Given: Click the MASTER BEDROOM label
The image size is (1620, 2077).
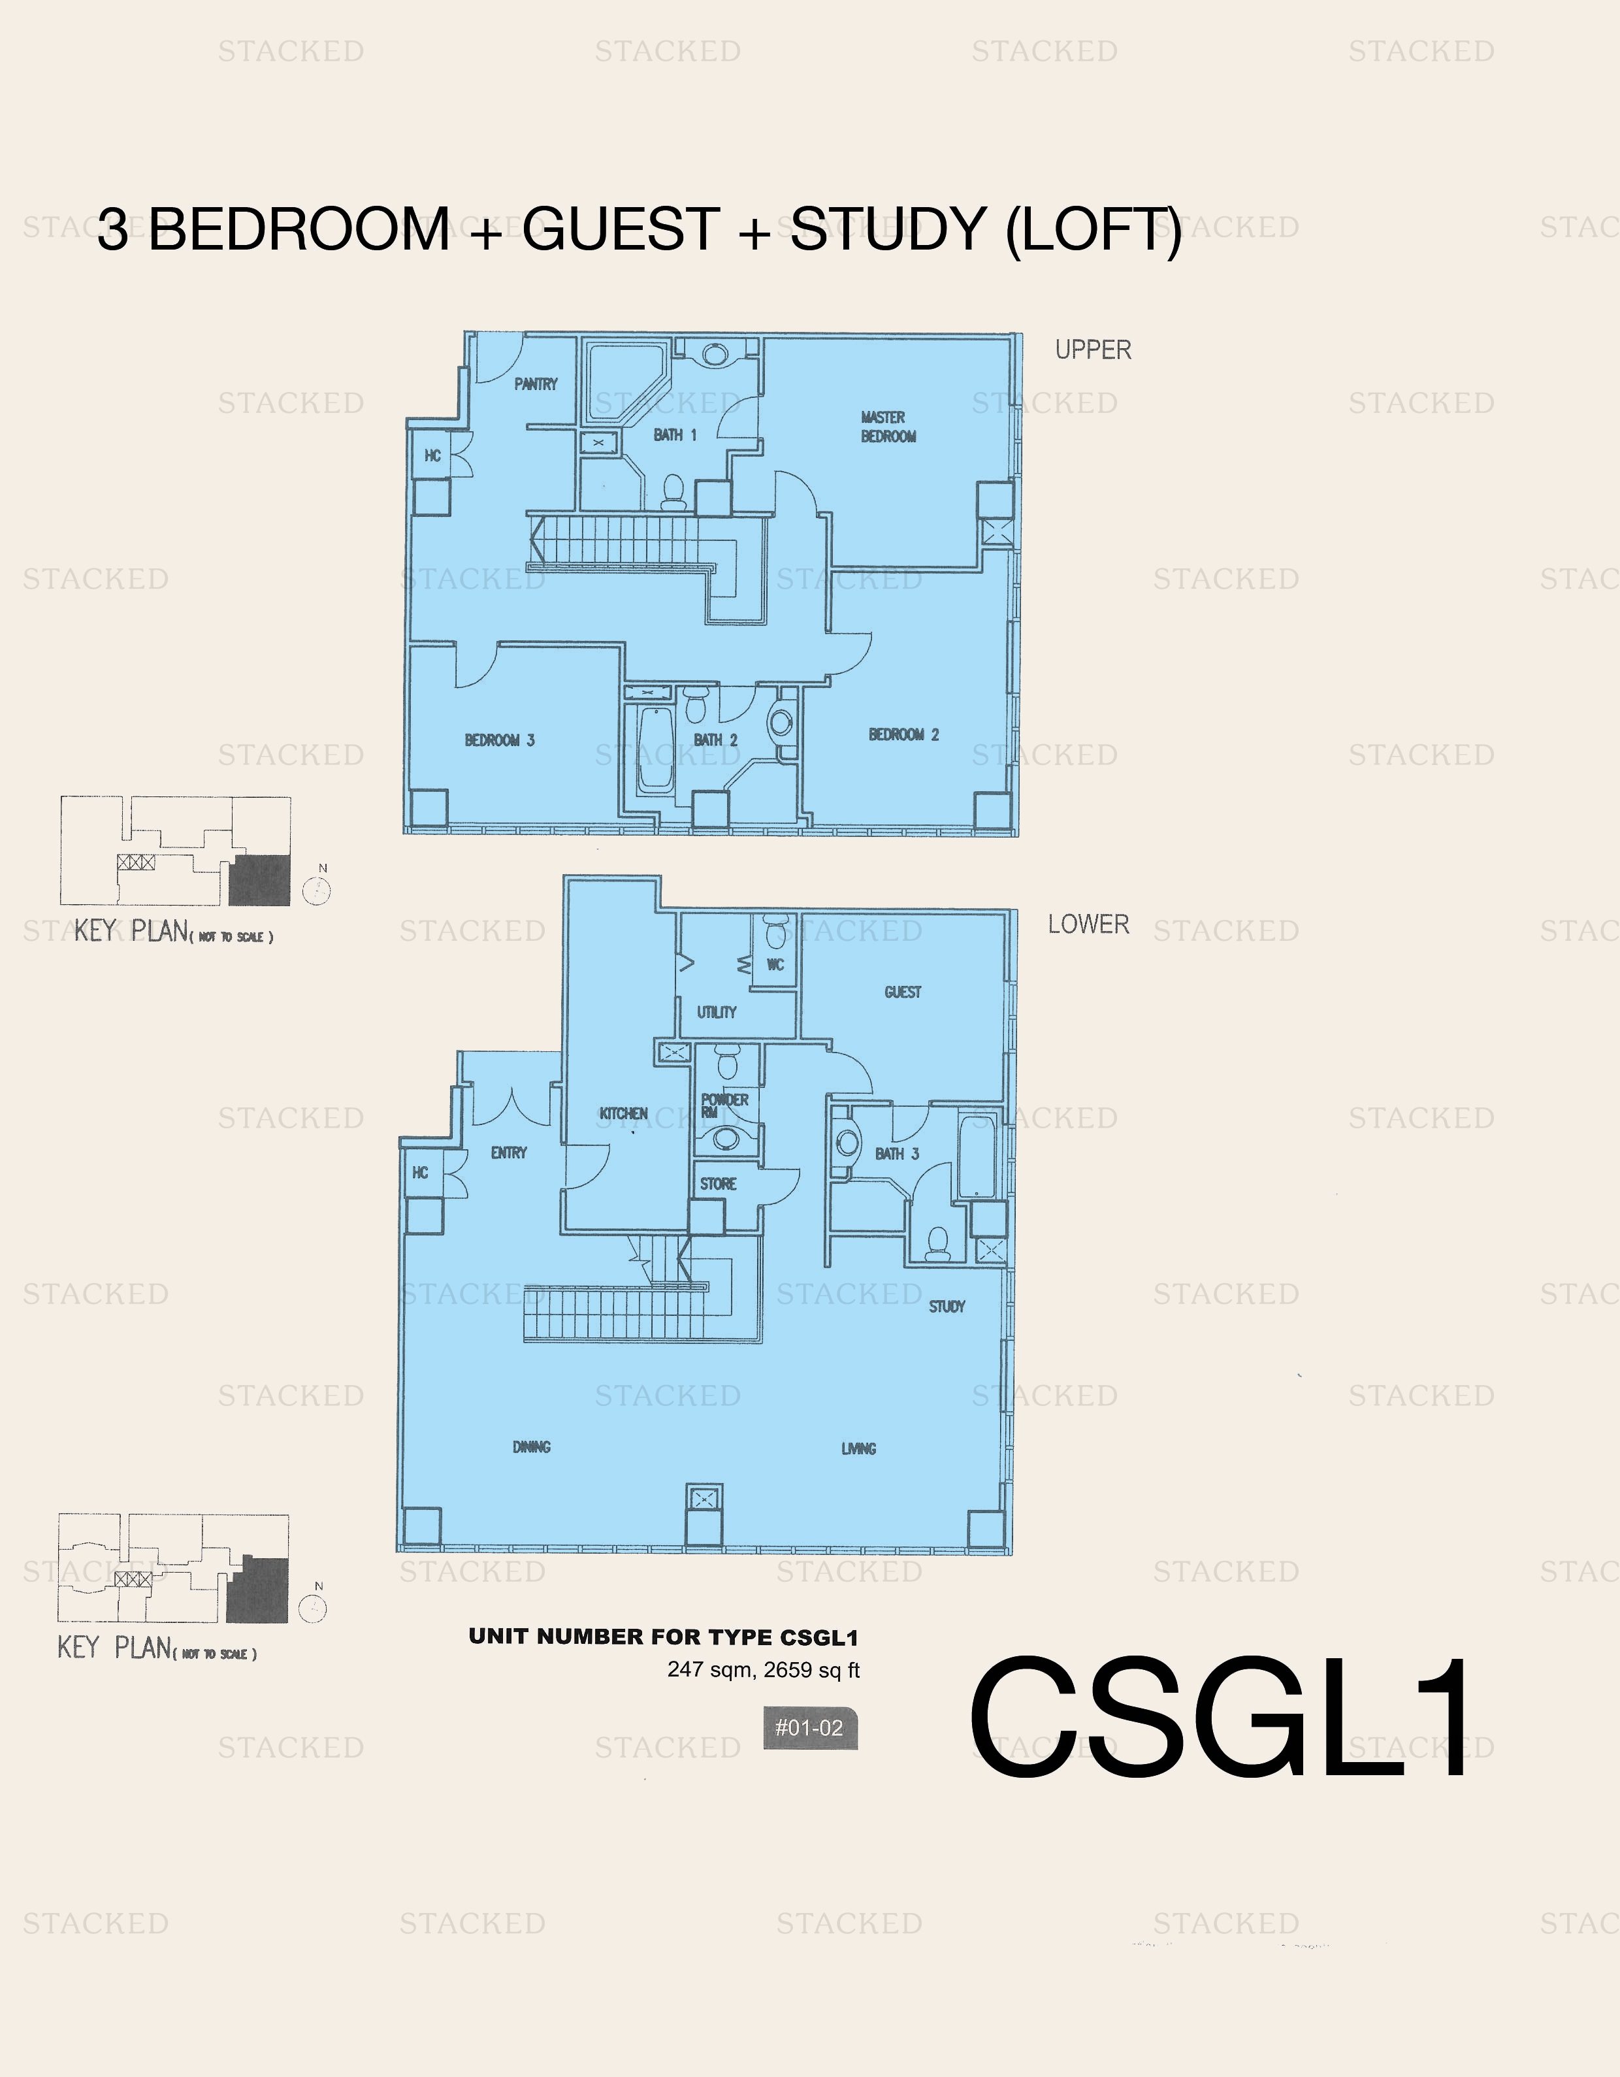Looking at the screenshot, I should pos(888,427).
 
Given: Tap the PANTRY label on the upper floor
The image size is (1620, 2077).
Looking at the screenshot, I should pos(535,384).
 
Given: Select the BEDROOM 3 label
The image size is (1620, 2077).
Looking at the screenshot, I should pos(499,740).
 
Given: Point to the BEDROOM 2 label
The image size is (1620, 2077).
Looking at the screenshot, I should pos(903,734).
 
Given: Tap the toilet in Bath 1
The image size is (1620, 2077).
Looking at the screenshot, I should pos(673,490).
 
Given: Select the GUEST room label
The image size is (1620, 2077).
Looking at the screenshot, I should pos(902,992).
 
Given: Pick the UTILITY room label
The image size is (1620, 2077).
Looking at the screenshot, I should pos(716,1012).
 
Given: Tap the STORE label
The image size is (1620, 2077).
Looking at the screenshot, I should pos(718,1184).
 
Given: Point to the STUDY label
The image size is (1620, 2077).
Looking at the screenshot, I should pos(946,1307).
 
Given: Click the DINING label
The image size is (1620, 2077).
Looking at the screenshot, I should pos(532,1447).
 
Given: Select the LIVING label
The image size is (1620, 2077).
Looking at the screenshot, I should pos(858,1448).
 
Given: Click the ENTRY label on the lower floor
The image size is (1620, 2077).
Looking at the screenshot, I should pos(509,1153).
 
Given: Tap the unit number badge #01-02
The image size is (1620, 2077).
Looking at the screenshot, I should pos(810,1728).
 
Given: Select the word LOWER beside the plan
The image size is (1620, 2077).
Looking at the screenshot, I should pos(1088,924).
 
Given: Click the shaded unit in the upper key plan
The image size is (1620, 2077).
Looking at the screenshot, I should pos(259,879).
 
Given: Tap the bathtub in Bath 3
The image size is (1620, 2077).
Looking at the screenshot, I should pos(977,1156).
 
